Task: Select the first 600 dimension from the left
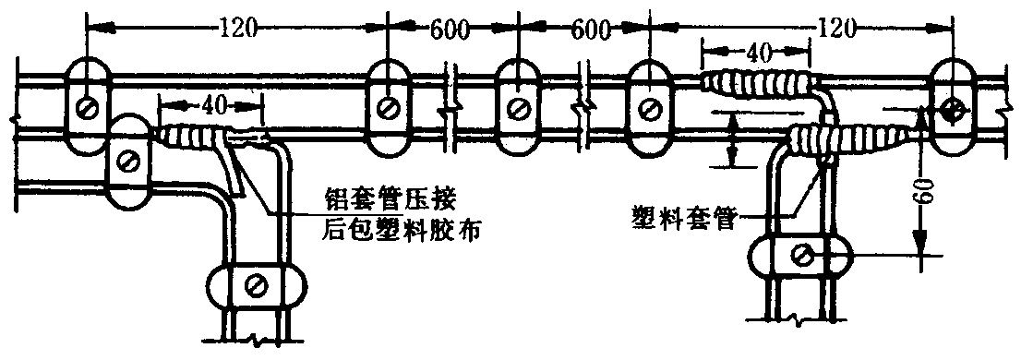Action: pos(450,30)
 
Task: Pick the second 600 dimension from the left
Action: pos(591,30)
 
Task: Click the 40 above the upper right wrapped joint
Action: pos(756,53)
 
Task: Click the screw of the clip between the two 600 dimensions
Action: pos(518,107)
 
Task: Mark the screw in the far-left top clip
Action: pos(87,108)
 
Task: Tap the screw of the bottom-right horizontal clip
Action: pos(801,255)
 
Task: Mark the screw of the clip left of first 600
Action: pos(388,107)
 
